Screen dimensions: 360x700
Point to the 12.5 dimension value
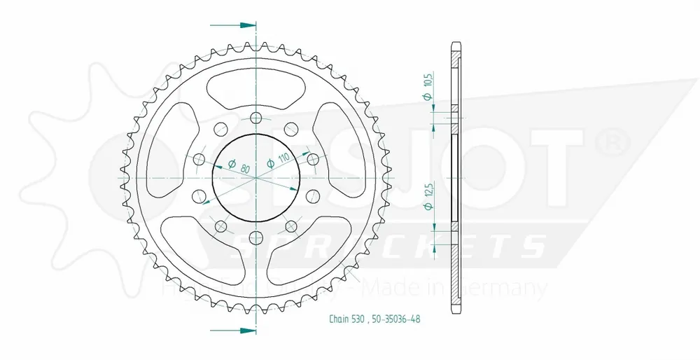coord(426,190)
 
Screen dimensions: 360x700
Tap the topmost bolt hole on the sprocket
coord(256,117)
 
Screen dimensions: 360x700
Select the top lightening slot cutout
coord(256,83)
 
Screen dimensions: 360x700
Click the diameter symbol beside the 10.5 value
coord(426,98)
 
